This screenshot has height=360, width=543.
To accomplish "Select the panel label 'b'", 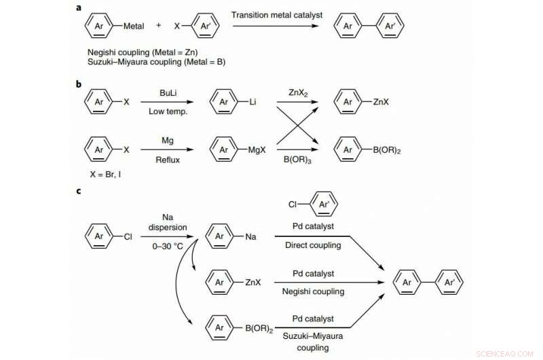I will tap(79, 84).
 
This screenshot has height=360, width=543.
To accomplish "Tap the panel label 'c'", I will tap(79, 191).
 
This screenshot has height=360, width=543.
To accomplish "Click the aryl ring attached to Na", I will tap(220, 237).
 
